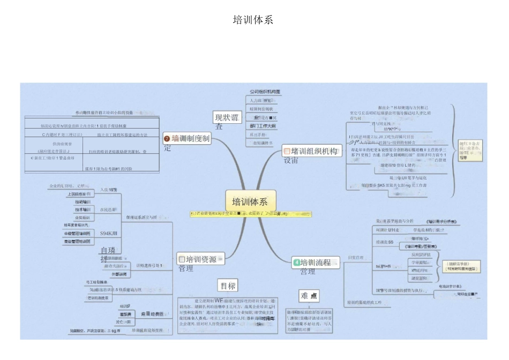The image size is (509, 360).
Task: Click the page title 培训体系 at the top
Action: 253,20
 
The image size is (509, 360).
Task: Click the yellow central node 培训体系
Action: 250,201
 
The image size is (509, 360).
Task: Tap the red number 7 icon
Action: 167,139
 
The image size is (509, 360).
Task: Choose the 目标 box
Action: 227,285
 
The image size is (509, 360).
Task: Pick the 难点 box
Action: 309,296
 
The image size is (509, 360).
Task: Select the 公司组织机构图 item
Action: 265,92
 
